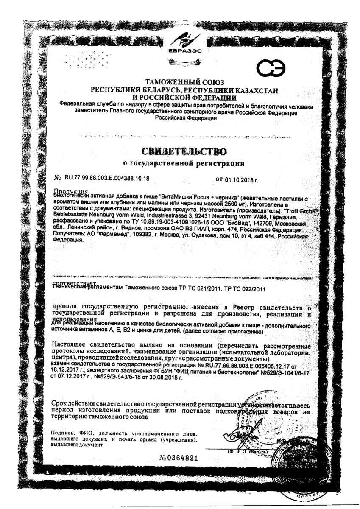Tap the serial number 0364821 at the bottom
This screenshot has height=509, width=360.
coord(180,458)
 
